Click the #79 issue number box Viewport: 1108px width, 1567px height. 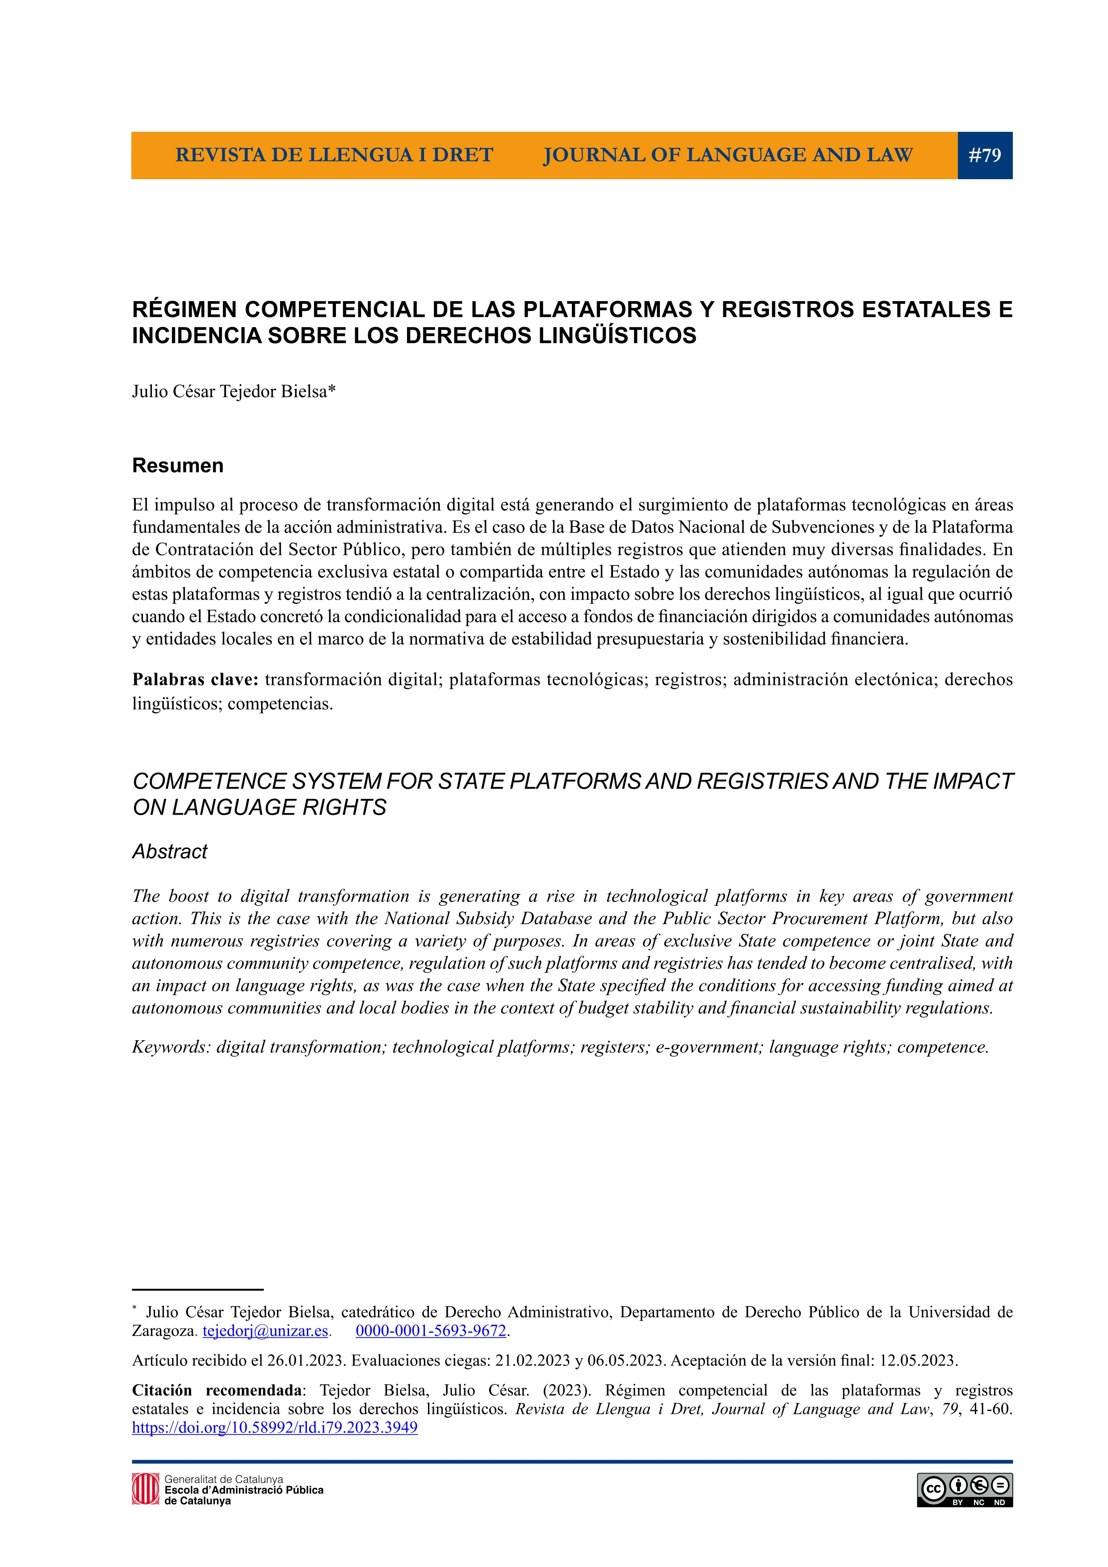[x=985, y=155]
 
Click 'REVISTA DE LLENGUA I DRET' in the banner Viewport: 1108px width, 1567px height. [x=334, y=155]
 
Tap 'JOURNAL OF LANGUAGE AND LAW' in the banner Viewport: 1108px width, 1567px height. [x=727, y=155]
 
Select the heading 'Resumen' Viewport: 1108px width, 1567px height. [x=177, y=466]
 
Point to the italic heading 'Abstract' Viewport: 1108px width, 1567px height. [x=170, y=851]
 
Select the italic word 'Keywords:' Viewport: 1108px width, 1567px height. [x=171, y=1047]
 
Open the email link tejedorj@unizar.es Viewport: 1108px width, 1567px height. [x=265, y=1331]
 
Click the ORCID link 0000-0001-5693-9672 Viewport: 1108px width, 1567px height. [x=431, y=1331]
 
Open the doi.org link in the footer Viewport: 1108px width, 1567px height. [x=274, y=1428]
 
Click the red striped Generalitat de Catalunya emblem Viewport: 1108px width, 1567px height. [x=145, y=1488]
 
